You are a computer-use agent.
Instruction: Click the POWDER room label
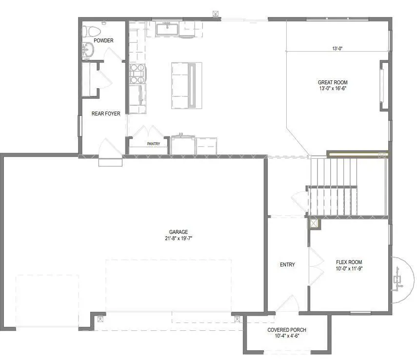(x=103, y=40)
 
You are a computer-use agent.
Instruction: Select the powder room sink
(x=88, y=49)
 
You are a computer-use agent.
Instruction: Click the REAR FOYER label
(x=106, y=114)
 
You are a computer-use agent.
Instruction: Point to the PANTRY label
(x=154, y=144)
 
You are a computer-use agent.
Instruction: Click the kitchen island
(x=186, y=85)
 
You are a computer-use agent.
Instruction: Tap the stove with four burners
(x=137, y=73)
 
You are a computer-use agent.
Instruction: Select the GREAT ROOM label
(x=333, y=82)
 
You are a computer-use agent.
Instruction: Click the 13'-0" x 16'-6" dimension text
(x=333, y=89)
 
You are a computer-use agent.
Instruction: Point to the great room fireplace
(x=383, y=85)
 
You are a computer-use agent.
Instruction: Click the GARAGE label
(x=179, y=232)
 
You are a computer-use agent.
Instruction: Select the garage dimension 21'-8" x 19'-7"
(x=179, y=238)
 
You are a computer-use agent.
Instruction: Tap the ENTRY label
(x=287, y=265)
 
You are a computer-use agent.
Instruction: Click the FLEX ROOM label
(x=349, y=262)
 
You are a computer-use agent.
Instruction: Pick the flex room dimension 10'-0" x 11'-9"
(x=349, y=268)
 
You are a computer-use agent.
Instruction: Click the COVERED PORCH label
(x=287, y=330)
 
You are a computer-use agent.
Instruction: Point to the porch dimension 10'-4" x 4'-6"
(x=287, y=336)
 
